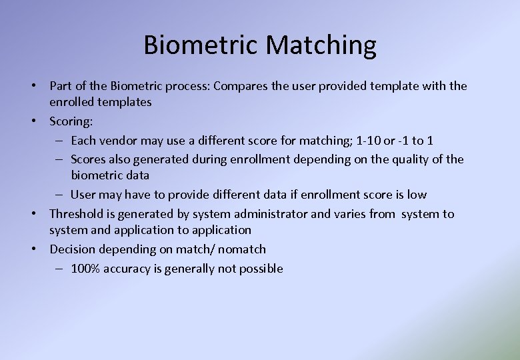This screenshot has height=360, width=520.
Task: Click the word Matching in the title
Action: (321, 45)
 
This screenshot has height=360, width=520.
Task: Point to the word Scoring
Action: (71, 121)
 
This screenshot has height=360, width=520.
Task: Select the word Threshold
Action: (76, 214)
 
